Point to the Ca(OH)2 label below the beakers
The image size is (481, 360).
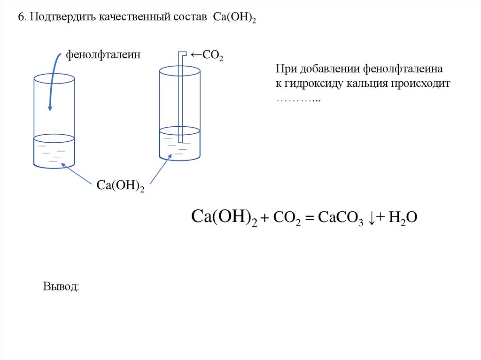tap(120, 184)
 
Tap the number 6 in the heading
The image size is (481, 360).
tap(21, 17)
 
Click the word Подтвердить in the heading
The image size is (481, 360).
tap(63, 17)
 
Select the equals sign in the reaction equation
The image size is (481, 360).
tap(309, 218)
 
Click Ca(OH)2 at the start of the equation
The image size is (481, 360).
tap(225, 218)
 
